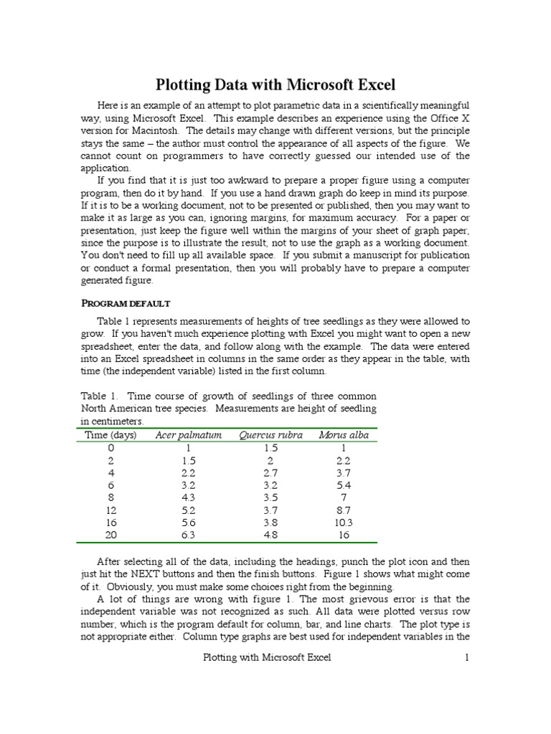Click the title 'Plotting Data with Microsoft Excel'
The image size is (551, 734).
[x=275, y=85]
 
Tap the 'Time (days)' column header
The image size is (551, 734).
[x=105, y=435]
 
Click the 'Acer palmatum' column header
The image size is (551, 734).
[x=189, y=435]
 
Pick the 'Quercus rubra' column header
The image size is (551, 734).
[x=270, y=435]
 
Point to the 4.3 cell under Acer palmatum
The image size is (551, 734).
[x=189, y=497]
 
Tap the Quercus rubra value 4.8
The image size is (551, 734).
[x=270, y=535]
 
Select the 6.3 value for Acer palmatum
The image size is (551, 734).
[x=189, y=535]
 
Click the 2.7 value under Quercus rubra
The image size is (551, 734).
[x=270, y=473]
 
